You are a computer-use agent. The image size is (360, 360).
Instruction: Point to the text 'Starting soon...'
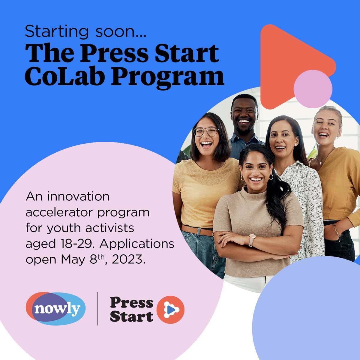tap(85, 31)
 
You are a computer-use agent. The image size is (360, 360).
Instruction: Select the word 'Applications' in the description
tap(137, 244)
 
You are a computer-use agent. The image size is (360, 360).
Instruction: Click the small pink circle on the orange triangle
tap(313, 89)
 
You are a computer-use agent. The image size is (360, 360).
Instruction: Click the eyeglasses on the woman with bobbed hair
tap(206, 131)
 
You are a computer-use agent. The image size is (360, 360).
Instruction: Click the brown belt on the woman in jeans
tap(197, 230)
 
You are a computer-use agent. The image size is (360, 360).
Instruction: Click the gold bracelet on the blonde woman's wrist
tap(337, 230)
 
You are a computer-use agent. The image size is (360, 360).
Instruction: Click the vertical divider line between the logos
tap(98, 308)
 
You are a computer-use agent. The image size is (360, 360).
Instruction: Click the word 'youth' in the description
tap(59, 228)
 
